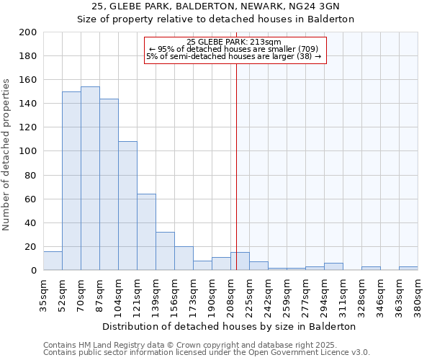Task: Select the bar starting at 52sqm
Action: pyautogui.click(x=71, y=181)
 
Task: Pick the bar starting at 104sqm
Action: pyautogui.click(x=127, y=206)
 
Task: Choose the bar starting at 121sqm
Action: pyautogui.click(x=146, y=232)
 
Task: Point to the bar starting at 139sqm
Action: pyautogui.click(x=165, y=251)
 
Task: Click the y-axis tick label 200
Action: pyautogui.click(x=28, y=32)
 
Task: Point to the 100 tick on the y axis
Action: pyautogui.click(x=28, y=151)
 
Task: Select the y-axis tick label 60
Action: pyautogui.click(x=31, y=199)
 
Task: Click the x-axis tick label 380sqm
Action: pyautogui.click(x=418, y=295)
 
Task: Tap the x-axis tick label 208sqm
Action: pyautogui.click(x=230, y=295)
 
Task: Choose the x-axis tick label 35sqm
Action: pyautogui.click(x=43, y=295)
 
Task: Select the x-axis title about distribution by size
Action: pyautogui.click(x=230, y=326)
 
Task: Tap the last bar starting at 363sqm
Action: pyautogui.click(x=408, y=268)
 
